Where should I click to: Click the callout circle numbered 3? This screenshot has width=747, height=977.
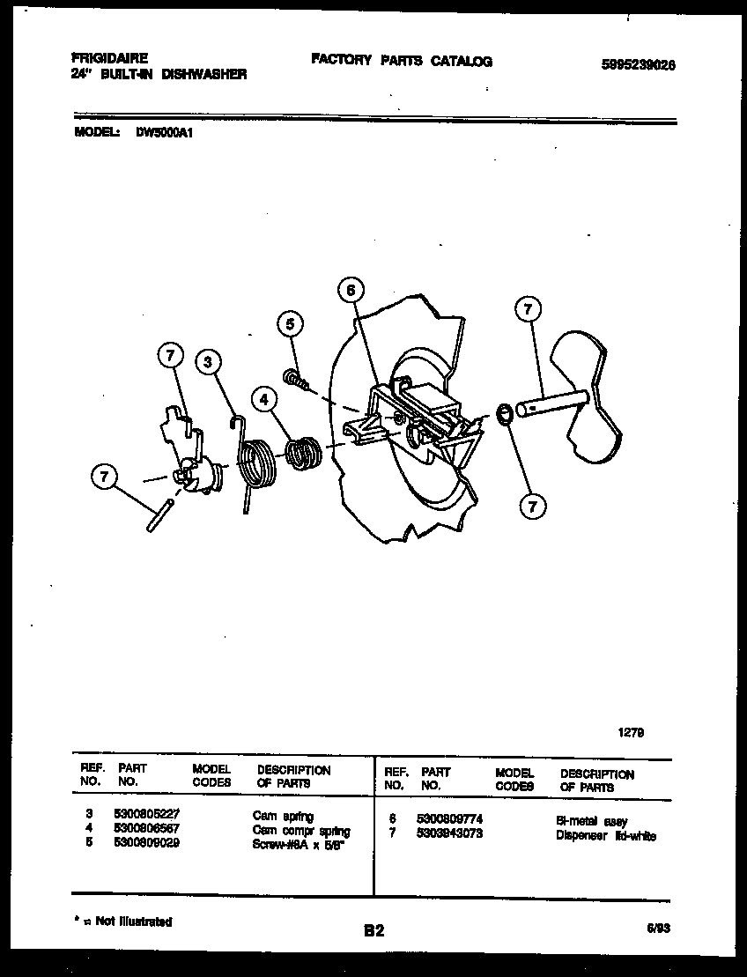pyautogui.click(x=209, y=362)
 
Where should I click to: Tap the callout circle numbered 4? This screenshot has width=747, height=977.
pyautogui.click(x=263, y=399)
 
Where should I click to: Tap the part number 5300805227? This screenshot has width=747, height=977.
pyautogui.click(x=146, y=817)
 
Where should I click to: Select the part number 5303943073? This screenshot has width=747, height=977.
pyautogui.click(x=449, y=833)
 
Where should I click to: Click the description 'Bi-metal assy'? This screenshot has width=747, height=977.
pyautogui.click(x=592, y=821)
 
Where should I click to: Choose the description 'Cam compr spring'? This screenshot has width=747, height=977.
pyautogui.click(x=300, y=831)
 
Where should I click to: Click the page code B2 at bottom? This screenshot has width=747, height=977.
pyautogui.click(x=373, y=930)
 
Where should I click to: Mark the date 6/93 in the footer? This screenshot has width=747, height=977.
pyautogui.click(x=656, y=928)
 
